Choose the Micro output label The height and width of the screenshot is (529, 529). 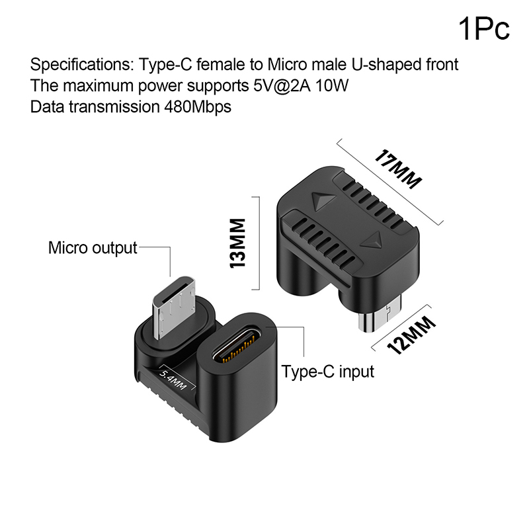coord(93,248)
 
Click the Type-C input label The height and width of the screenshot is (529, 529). coord(328,371)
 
